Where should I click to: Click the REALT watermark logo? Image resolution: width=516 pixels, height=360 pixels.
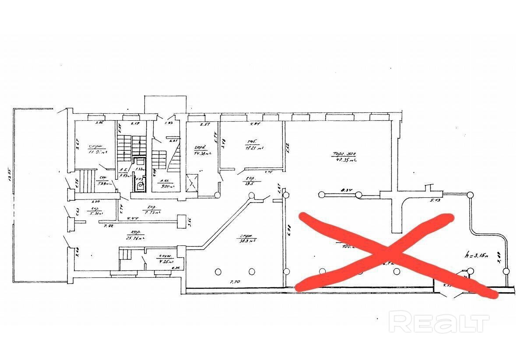pos(439,322)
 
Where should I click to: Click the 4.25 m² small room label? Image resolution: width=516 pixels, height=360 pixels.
pos(165,262)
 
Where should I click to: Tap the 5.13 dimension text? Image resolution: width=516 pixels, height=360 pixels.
pos(434,201)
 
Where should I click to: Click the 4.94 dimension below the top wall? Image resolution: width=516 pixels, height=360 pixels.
pos(255,125)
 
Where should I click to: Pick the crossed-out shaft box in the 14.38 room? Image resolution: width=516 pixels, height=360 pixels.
pos(192,182)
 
